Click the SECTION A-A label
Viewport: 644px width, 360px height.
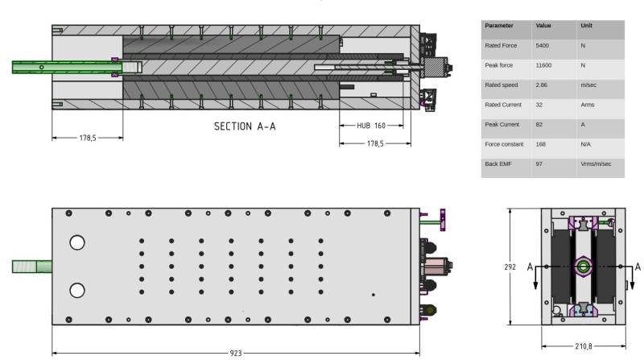point(245,126)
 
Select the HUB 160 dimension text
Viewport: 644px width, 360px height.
point(371,126)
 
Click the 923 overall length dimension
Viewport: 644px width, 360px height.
point(236,353)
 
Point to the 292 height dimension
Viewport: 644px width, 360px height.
point(510,267)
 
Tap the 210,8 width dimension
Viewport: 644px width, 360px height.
point(584,346)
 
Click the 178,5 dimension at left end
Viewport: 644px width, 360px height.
point(88,138)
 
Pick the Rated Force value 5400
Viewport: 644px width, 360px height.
point(542,46)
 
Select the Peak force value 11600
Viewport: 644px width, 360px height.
point(543,65)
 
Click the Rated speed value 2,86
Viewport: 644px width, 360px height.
point(541,85)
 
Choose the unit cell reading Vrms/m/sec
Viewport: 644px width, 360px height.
point(596,164)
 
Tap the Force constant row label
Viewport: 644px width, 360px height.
point(504,144)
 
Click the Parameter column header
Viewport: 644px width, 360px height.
point(499,26)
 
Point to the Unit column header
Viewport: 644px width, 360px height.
point(587,26)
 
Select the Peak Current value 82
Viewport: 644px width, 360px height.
point(539,125)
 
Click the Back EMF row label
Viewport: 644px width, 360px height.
point(498,164)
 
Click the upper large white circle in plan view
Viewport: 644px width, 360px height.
point(77,242)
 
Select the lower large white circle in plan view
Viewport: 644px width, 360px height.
point(77,291)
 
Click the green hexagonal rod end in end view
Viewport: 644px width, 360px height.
point(583,267)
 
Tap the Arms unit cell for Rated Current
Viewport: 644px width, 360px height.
point(588,105)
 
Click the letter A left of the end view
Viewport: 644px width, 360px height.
point(530,267)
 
